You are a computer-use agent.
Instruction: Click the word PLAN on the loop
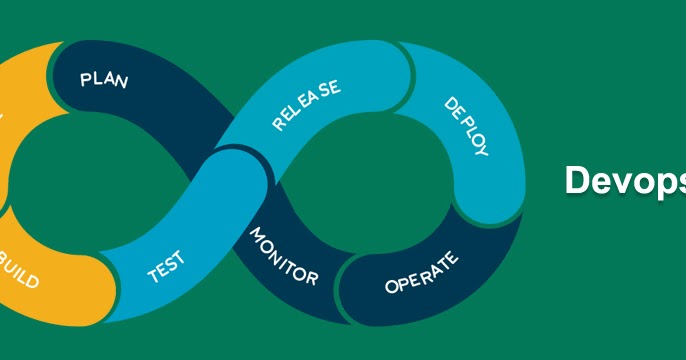click(x=104, y=79)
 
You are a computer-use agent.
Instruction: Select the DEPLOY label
click(x=466, y=127)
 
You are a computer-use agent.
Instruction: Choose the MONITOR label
click(x=283, y=257)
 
